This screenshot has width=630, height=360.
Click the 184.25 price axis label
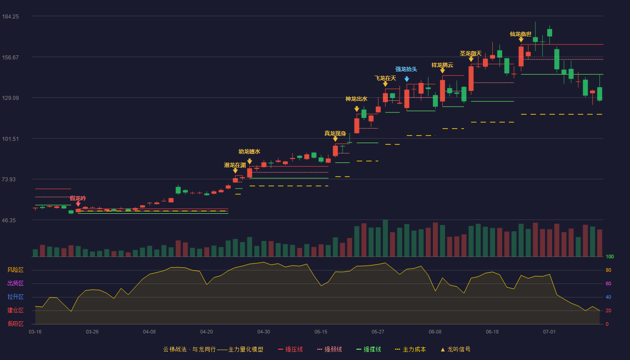(x=10, y=17)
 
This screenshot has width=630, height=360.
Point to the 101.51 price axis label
(x=10, y=139)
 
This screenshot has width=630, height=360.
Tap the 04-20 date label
(x=207, y=332)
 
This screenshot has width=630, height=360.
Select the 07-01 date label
(x=549, y=332)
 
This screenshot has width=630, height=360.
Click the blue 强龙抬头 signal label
(x=406, y=69)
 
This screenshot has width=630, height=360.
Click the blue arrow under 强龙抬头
(x=407, y=79)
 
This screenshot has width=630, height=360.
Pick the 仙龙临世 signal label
(x=521, y=34)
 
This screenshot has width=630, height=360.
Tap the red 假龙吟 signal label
(x=78, y=198)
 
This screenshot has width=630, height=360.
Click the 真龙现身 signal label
(x=335, y=133)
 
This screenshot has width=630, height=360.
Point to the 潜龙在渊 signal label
(x=235, y=165)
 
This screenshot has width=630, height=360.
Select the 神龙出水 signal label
(x=356, y=99)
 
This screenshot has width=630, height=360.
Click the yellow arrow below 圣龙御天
(x=471, y=59)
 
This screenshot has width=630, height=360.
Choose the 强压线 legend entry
(x=290, y=349)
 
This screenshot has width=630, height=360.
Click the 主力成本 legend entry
(x=410, y=349)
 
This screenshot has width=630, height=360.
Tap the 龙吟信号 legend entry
(x=455, y=349)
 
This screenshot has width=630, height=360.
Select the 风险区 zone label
(x=15, y=270)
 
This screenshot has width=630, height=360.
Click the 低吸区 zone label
(x=15, y=324)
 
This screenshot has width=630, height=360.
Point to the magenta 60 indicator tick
(x=608, y=283)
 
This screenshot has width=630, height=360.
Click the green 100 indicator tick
(x=610, y=256)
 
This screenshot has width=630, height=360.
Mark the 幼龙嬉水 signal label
(x=249, y=152)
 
